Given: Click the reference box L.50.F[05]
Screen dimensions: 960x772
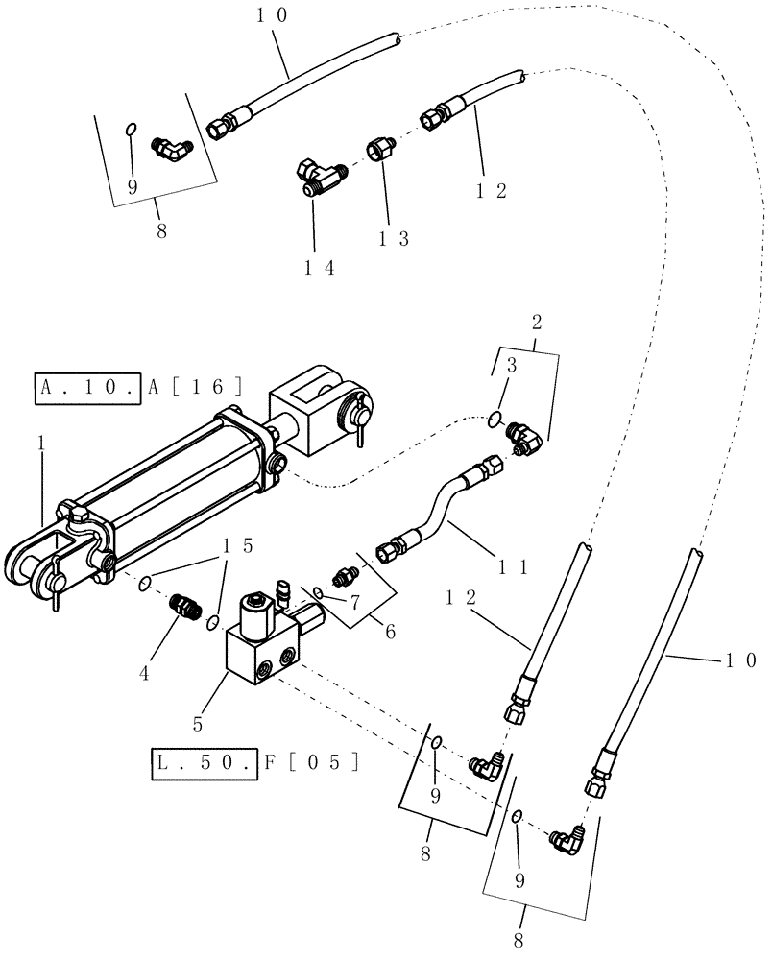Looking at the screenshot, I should pos(256,762).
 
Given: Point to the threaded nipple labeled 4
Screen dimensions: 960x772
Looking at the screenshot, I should pos(181,607).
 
